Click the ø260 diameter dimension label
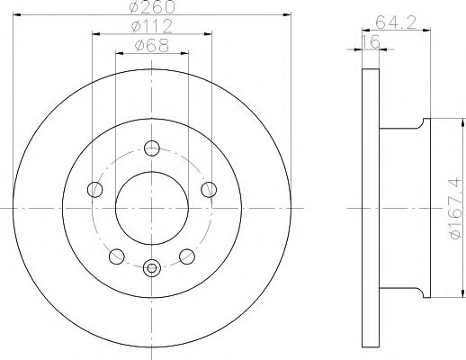[x=151, y=8]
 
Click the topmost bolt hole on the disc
[x=152, y=148]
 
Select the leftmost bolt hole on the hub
[x=94, y=188]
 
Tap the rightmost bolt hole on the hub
[x=210, y=188]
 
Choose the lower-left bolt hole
[x=116, y=256]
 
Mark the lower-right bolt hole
[x=188, y=256]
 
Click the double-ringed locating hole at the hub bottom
[x=152, y=265]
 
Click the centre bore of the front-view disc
[x=152, y=207]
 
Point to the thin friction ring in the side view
[x=366, y=207]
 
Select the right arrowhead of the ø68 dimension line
[x=186, y=52]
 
